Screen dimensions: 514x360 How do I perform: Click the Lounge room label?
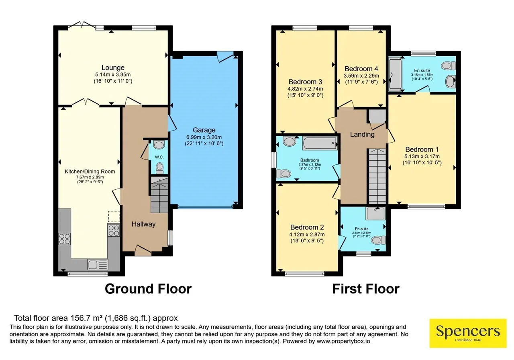[x=113, y=68]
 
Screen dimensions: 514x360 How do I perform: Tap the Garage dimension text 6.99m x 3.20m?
[x=204, y=137]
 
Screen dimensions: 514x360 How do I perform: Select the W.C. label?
[x=159, y=157]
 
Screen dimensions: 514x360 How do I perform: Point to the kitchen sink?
[x=98, y=264]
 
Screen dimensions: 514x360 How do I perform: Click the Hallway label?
[x=144, y=224]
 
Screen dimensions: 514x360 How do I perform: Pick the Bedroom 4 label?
[x=361, y=69]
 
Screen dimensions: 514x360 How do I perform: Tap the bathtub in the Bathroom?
[x=320, y=143]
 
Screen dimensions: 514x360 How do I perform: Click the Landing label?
[x=362, y=135]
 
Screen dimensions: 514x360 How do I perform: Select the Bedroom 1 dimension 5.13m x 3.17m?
[x=422, y=157]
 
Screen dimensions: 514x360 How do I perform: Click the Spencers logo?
[x=468, y=333]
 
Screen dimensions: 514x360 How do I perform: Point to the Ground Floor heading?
[x=148, y=289]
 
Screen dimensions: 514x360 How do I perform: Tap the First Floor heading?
[x=366, y=289]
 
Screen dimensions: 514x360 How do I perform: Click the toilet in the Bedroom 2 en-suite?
[x=378, y=240]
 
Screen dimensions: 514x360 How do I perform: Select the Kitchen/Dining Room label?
[x=90, y=172]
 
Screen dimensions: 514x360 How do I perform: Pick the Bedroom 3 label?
[x=306, y=82]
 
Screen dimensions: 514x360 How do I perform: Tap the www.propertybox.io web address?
[x=343, y=341]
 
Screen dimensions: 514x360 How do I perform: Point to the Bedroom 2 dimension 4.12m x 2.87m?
[x=307, y=235]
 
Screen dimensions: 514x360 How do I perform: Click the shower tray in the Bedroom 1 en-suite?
[x=396, y=74]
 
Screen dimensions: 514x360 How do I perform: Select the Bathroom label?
[x=310, y=160]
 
